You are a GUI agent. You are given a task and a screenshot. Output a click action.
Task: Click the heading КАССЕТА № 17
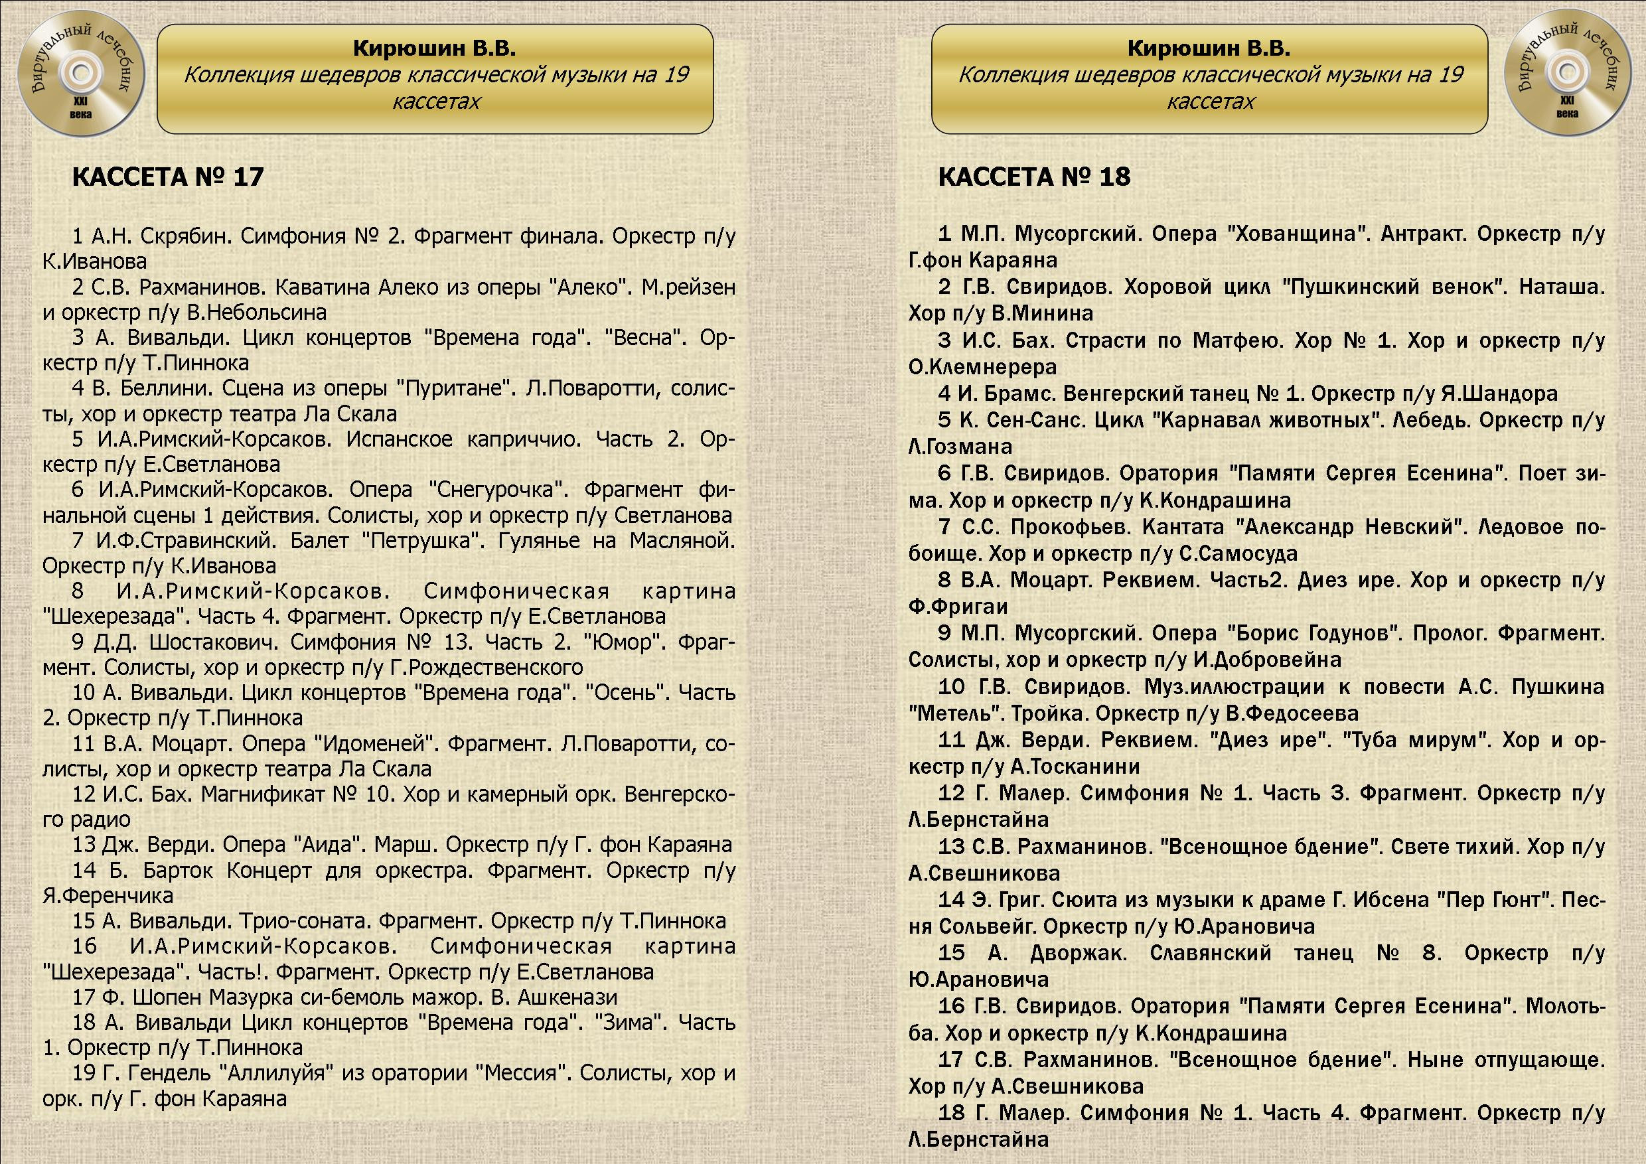click(x=168, y=177)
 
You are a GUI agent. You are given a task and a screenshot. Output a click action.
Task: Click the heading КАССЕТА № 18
click(x=1034, y=177)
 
